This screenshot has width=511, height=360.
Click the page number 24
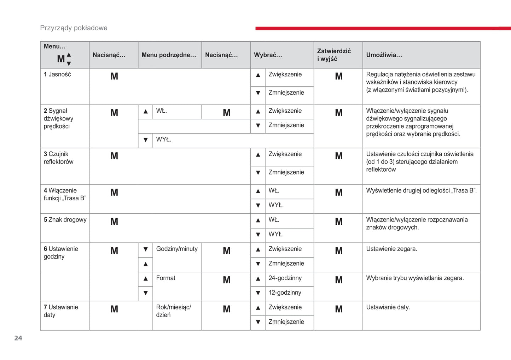tap(18, 338)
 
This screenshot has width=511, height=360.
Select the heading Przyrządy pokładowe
tap(74, 28)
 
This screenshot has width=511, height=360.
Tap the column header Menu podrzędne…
tap(169, 55)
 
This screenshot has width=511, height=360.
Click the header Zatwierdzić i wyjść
tap(334, 55)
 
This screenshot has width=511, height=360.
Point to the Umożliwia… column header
tap(384, 55)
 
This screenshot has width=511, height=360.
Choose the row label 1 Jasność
tap(57, 75)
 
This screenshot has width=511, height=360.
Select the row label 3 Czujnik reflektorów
tap(59, 158)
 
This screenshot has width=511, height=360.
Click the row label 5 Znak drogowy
tap(65, 220)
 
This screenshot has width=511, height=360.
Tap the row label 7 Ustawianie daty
tap(61, 311)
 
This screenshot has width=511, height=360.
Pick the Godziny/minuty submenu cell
tap(177, 249)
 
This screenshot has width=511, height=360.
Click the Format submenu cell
tap(166, 278)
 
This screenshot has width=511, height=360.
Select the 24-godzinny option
tap(285, 278)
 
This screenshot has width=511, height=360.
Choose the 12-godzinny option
tap(285, 293)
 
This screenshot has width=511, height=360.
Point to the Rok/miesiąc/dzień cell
tap(174, 311)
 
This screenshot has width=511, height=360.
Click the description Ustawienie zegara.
tap(391, 249)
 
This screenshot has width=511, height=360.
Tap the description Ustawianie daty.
tap(388, 307)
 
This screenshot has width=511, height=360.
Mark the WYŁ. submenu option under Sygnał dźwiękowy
tap(164, 140)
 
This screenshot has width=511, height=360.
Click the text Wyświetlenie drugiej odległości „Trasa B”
tap(421, 191)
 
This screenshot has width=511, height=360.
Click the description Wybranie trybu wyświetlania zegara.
tap(415, 278)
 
